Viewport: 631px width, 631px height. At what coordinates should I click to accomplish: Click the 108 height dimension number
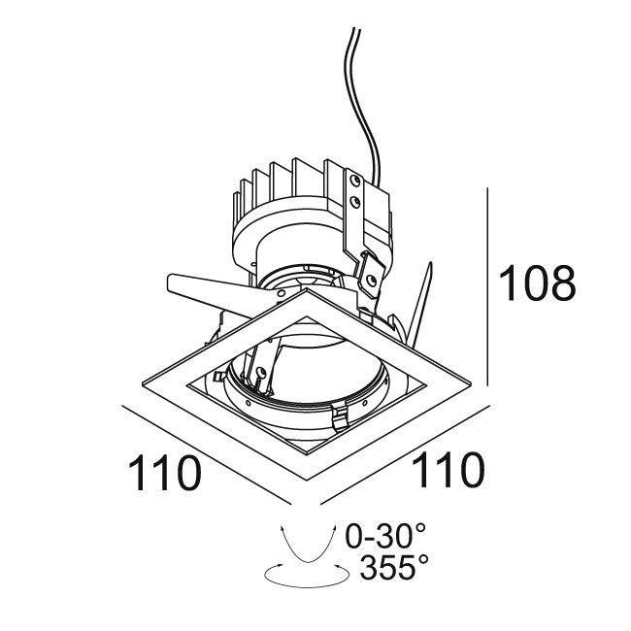click(x=537, y=282)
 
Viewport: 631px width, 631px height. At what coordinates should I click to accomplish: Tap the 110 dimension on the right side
click(x=448, y=469)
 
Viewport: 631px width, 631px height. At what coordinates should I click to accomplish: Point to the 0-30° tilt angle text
click(x=386, y=536)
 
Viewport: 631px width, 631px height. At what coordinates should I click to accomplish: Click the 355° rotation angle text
click(x=394, y=566)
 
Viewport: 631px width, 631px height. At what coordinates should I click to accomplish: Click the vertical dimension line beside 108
click(x=487, y=286)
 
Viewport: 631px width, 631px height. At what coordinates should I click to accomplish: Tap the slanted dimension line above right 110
click(x=405, y=454)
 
